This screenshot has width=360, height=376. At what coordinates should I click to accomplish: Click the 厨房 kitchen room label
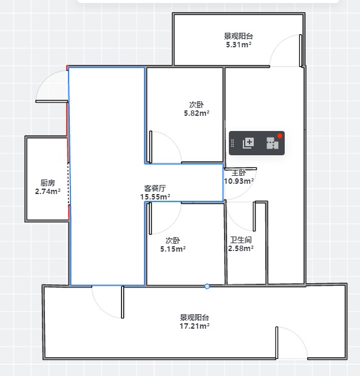point(48,183)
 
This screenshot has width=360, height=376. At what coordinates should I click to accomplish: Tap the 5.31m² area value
point(239,45)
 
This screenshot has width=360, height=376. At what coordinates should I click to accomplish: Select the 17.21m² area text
point(194,326)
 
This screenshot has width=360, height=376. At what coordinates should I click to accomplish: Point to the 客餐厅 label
point(155,188)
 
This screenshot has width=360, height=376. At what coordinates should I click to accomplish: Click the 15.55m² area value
point(155,197)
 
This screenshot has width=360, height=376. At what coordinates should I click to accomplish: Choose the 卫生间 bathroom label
point(241,240)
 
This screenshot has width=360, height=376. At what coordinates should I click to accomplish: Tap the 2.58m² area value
point(241,249)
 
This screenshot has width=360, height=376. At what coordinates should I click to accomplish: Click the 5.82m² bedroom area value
point(197,113)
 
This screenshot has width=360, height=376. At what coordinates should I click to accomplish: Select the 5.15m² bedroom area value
point(173,249)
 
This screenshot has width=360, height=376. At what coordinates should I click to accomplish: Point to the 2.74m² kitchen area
point(47,192)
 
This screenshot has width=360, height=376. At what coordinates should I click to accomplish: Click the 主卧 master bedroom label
point(239,172)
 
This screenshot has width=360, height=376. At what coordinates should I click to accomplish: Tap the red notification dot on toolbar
point(280,136)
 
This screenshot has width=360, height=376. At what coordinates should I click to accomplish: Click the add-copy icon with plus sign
point(248,143)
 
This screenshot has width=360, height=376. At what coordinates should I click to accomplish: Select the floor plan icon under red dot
point(273,143)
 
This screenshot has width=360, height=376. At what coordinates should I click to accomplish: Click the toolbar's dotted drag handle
point(233,143)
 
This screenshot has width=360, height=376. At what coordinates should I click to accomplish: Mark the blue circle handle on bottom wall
point(207,286)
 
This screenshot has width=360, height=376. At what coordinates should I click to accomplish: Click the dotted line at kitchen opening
point(69,184)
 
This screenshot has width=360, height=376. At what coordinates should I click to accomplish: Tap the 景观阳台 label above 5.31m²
point(239,36)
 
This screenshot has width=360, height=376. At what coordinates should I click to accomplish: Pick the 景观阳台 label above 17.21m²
point(194,317)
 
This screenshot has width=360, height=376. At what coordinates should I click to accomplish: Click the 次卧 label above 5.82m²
point(197,104)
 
